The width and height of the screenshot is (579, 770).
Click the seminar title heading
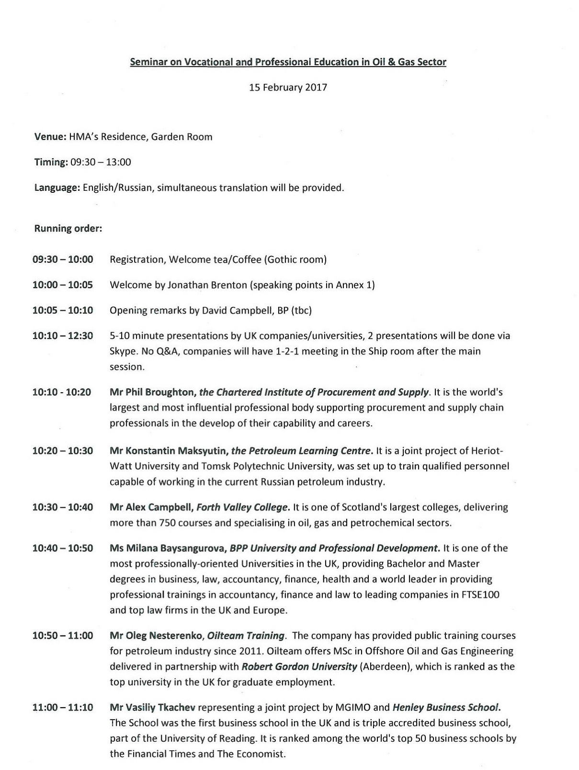(x=288, y=62)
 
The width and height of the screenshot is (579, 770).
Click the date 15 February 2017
(x=288, y=88)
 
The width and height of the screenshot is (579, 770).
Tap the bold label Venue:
(x=50, y=137)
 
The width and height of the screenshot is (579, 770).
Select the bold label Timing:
(x=51, y=162)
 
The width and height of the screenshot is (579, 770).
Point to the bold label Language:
(x=57, y=188)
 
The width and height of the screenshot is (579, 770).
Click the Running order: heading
(x=68, y=229)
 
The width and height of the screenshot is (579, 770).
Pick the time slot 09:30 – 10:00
(x=63, y=260)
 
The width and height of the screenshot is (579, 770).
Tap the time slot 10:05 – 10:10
(x=63, y=311)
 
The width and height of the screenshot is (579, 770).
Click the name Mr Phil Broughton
(x=152, y=392)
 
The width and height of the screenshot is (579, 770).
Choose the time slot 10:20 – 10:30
(x=63, y=451)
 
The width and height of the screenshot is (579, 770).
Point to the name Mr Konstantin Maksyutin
(x=169, y=451)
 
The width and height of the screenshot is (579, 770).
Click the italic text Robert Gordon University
(x=299, y=667)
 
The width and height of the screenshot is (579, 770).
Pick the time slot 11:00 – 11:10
(x=63, y=708)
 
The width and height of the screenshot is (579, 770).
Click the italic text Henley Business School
(x=446, y=708)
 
